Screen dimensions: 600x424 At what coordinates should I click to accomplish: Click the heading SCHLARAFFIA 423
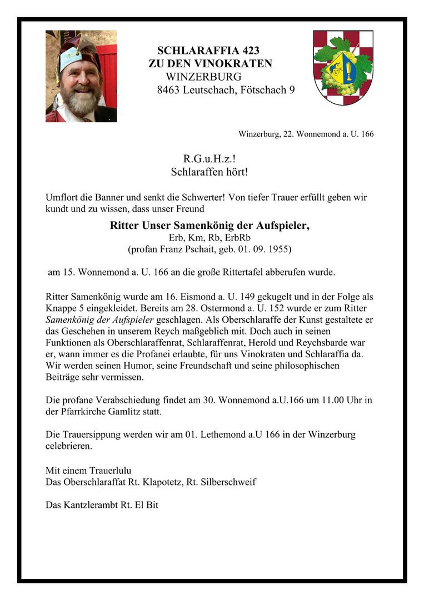point(208,51)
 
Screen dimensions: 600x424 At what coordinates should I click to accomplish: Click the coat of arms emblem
point(343,68)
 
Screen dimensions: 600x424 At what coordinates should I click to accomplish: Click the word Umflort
point(63,197)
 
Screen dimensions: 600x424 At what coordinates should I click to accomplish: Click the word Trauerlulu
point(107,470)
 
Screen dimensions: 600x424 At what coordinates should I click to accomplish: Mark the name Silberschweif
point(227,482)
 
